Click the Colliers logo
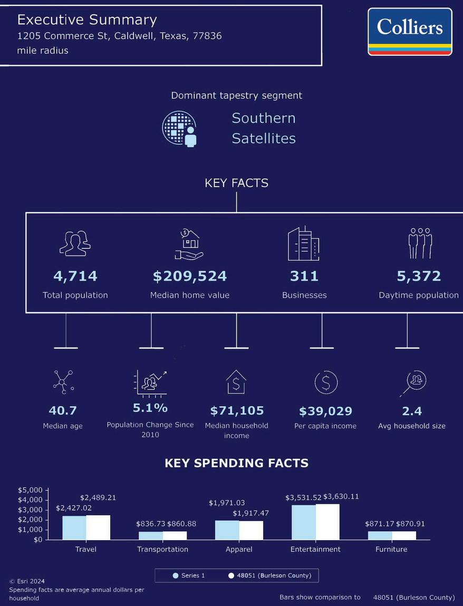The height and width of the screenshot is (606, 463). (x=410, y=31)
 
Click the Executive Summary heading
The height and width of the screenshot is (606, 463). (x=87, y=20)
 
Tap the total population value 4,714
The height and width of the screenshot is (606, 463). (x=75, y=276)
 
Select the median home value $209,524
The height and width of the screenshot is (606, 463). (x=190, y=276)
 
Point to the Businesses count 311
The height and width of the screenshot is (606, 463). (x=304, y=276)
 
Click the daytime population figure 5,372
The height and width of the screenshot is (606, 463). (x=419, y=276)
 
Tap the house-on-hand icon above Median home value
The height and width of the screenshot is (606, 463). (x=189, y=244)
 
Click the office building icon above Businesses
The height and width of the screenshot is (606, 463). (x=303, y=244)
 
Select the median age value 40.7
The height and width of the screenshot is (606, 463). (x=63, y=410)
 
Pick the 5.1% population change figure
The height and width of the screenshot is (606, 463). (x=150, y=408)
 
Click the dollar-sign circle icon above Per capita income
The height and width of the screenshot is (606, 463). (x=326, y=382)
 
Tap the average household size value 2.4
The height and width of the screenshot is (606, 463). (x=412, y=411)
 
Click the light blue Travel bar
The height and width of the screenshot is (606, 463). (x=74, y=527)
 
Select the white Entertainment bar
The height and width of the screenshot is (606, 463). (x=327, y=522)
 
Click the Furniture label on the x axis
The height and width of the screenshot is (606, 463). (x=391, y=549)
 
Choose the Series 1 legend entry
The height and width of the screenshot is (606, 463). (x=189, y=575)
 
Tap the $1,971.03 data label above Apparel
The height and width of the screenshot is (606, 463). (x=227, y=503)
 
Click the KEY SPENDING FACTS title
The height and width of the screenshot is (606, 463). (x=236, y=463)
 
